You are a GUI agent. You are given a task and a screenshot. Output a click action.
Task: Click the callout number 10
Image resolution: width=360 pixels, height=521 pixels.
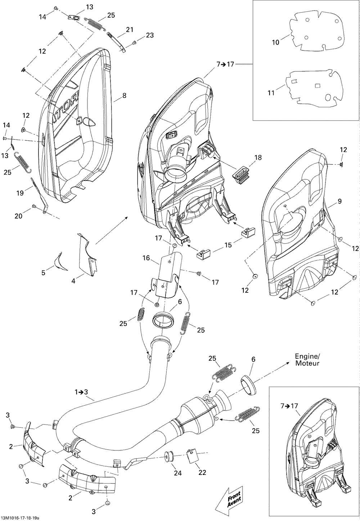tap(276, 42)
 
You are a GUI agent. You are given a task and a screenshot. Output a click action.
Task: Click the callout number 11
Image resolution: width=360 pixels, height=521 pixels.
tap(271, 93)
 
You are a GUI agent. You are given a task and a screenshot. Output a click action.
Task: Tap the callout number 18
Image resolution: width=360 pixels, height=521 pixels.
tap(258, 157)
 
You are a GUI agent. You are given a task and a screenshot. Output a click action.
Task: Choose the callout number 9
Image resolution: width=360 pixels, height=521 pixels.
tap(340, 201)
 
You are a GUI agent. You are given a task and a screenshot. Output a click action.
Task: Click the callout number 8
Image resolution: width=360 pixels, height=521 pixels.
tap(125, 95)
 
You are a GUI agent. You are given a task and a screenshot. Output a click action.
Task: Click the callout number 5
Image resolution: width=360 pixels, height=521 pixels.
tap(43, 273)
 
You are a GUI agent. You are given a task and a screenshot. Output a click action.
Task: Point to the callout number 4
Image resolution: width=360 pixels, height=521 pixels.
tap(73, 281)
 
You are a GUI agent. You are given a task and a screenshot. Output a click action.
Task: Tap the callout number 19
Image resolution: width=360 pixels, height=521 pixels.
tap(20, 193)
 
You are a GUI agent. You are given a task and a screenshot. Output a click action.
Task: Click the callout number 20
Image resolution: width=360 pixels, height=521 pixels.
tap(18, 216)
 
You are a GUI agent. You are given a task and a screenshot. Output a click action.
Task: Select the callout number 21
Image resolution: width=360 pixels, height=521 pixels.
tap(130, 30)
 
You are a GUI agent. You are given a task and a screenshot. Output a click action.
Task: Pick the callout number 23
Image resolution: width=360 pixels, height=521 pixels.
tap(150, 35)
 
